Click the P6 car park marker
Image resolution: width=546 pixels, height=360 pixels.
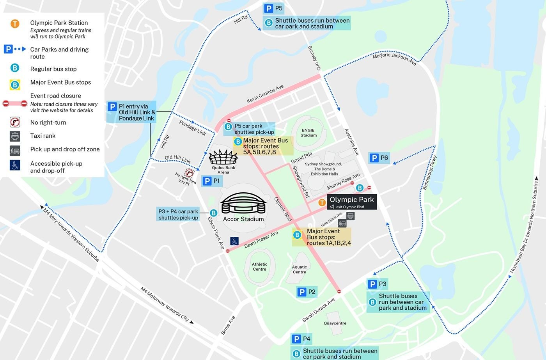coord(374,158)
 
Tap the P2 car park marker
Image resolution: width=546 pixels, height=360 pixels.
coord(301,292)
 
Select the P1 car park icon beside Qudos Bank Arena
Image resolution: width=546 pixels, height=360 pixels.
coord(207,181)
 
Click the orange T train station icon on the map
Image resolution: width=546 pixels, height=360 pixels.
coord(322,202)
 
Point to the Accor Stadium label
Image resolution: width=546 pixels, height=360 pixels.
coord(243,219)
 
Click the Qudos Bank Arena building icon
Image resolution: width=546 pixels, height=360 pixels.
coord(223,158)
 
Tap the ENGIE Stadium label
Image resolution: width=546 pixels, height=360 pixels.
coord(308,133)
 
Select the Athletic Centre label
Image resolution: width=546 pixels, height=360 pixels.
coord(259,266)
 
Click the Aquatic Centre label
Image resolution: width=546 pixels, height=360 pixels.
coord(300,270)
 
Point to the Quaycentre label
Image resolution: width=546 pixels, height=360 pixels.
coord(335,323)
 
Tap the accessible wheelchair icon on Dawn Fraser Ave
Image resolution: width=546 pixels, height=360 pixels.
coord(234,241)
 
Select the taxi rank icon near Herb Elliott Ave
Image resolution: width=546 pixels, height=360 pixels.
coord(351,216)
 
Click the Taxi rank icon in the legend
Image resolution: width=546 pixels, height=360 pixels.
coord(15,136)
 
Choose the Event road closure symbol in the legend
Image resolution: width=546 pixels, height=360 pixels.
coord(15,103)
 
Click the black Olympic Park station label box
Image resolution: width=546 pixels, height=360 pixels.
coord(351,202)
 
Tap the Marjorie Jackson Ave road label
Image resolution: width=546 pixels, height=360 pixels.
coord(394,59)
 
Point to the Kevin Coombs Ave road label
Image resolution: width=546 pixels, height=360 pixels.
coord(265,94)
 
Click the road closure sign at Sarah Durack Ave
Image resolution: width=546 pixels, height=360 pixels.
coord(339,291)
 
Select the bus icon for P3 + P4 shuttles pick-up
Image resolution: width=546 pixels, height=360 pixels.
coord(213,213)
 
